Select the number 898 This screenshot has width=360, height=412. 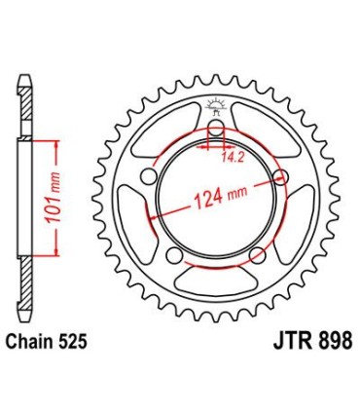[325, 343]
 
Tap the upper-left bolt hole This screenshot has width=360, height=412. [150, 178]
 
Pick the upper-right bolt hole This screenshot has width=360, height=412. [281, 177]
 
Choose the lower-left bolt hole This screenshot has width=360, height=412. [173, 255]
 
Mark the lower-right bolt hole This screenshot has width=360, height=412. [257, 255]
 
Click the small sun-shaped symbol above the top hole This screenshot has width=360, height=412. [216, 109]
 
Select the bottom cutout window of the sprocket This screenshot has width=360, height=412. [215, 282]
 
